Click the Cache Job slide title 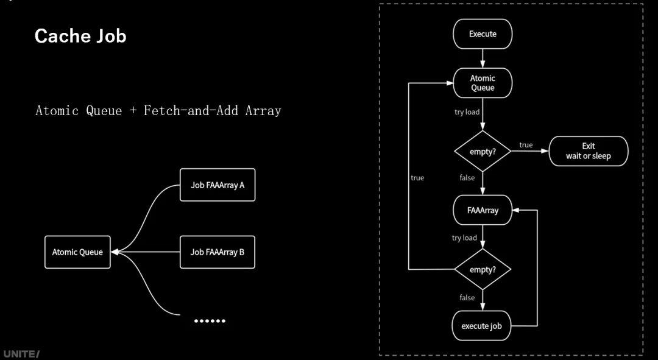(x=80, y=36)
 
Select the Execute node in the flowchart (x=483, y=34)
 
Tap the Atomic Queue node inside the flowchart (x=483, y=83)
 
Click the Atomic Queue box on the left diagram (x=77, y=252)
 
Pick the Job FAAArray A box (x=218, y=185)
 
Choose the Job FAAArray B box (x=218, y=252)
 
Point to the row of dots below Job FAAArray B (x=210, y=320)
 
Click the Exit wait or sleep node (x=588, y=151)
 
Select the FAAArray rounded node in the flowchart (x=483, y=211)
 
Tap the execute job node (x=481, y=326)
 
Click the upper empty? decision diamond (x=483, y=151)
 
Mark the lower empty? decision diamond (x=483, y=269)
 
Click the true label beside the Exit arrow (x=526, y=145)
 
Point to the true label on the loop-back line (x=417, y=178)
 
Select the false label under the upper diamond (x=467, y=177)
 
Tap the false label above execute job (x=467, y=298)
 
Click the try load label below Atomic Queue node (x=467, y=112)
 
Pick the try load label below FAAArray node (x=464, y=238)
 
